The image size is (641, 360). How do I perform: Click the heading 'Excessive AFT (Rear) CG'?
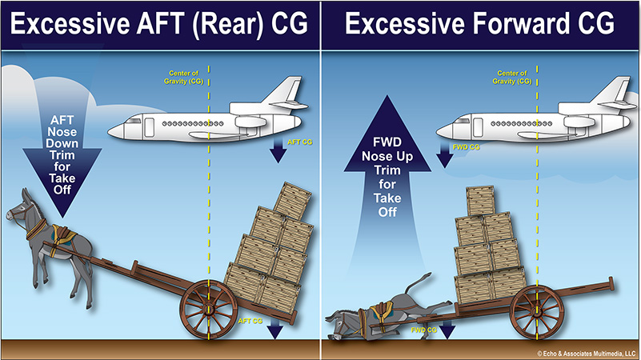(x=159, y=24)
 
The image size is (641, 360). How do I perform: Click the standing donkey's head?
(x=23, y=210)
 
